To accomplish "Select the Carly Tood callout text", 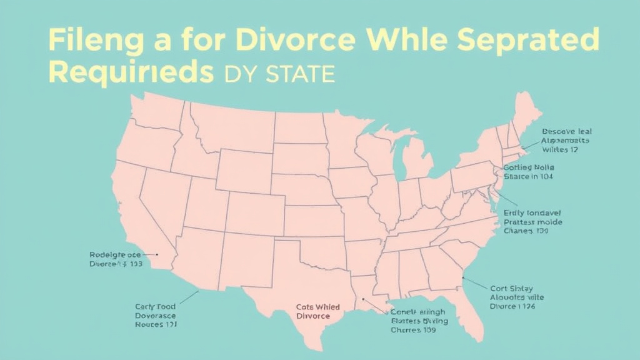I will tap(155, 307).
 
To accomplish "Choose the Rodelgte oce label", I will tap(115, 255).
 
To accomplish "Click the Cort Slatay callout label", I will tap(511, 289).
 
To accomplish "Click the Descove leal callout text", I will tap(566, 132).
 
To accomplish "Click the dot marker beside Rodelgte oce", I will tap(157, 255).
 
